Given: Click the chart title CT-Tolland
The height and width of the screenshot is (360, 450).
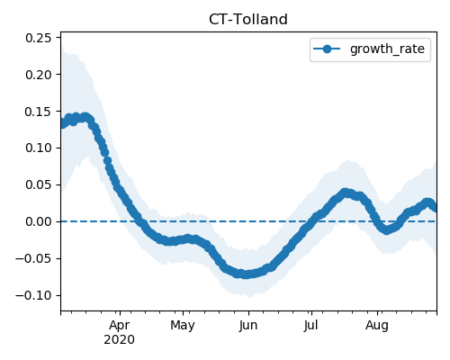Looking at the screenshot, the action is click(248, 20).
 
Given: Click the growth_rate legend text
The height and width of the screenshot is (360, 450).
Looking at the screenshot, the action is click(387, 49).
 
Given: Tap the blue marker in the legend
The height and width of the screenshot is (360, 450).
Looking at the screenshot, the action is click(327, 49).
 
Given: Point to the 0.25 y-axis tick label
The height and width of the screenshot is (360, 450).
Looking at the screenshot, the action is click(39, 38).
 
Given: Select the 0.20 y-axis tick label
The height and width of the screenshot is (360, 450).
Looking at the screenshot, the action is click(39, 75).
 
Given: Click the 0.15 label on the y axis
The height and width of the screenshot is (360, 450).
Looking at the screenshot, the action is click(39, 112).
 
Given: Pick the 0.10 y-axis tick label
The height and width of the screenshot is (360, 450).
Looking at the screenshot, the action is click(39, 148).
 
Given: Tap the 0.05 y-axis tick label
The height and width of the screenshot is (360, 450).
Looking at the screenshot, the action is click(39, 184).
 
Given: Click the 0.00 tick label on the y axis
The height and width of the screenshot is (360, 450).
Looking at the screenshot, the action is click(39, 221).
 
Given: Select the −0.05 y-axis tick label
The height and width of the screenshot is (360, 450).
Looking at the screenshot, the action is click(33, 258).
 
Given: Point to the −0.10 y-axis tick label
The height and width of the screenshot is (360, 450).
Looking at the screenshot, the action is click(33, 295).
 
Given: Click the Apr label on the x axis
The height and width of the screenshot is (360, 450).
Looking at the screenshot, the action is click(120, 326).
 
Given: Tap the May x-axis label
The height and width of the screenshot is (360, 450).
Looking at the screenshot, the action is click(183, 326).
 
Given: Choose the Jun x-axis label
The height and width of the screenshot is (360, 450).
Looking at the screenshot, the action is click(248, 326).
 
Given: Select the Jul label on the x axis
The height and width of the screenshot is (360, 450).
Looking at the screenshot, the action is click(310, 326).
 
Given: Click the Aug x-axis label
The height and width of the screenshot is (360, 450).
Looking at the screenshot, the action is click(377, 326).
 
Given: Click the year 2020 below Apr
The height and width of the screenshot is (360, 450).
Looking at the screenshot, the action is click(119, 340).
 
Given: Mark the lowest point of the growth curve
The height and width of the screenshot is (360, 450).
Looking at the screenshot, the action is click(246, 274).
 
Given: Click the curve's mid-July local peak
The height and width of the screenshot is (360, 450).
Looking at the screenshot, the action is click(346, 193).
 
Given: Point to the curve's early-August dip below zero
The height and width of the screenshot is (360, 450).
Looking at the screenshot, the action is click(386, 230).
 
